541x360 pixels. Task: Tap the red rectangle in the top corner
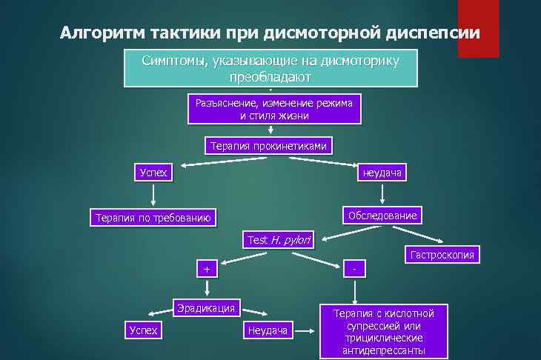click(478, 28)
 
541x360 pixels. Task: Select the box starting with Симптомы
click(270, 68)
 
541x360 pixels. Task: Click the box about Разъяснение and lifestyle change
click(273, 109)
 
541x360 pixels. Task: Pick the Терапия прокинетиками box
click(268, 146)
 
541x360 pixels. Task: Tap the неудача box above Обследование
click(381, 173)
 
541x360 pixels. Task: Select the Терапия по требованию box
click(153, 218)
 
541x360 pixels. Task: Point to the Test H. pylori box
click(279, 240)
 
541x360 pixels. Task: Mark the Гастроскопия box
click(441, 256)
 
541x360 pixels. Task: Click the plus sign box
click(207, 269)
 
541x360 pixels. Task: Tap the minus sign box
click(355, 267)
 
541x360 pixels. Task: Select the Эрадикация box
click(207, 307)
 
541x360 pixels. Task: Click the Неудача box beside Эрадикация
click(268, 330)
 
